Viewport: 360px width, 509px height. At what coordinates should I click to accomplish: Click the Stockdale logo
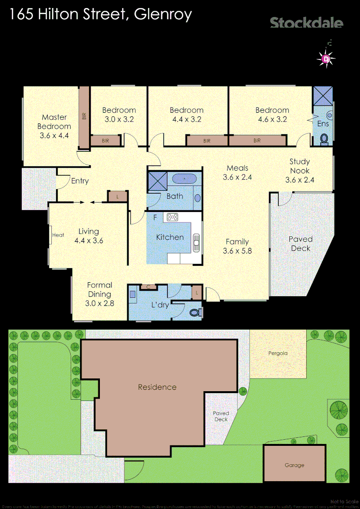pos(306,22)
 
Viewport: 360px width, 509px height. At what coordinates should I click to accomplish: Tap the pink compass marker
pos(326,59)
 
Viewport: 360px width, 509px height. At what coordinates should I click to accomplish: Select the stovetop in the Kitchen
pos(172,217)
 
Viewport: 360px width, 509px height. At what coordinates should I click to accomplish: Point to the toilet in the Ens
pos(324,139)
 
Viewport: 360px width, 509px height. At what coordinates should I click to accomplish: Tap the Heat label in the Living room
pos(58,235)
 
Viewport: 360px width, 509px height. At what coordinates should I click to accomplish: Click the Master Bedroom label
pos(54,126)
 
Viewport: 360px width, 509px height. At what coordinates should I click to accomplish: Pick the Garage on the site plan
pos(295,464)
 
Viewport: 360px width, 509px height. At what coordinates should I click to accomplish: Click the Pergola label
pos(278,353)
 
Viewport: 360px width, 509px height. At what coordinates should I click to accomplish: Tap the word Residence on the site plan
pos(157,387)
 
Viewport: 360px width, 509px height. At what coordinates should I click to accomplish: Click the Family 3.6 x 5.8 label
pos(237,246)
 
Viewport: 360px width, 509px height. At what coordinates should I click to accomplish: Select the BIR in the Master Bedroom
pos(84,115)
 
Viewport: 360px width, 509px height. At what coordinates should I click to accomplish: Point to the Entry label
pos(80,181)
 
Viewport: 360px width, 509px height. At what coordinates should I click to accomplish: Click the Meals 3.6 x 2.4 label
pos(237,172)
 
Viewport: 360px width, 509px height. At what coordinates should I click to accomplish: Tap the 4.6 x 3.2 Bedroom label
pos(272,115)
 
